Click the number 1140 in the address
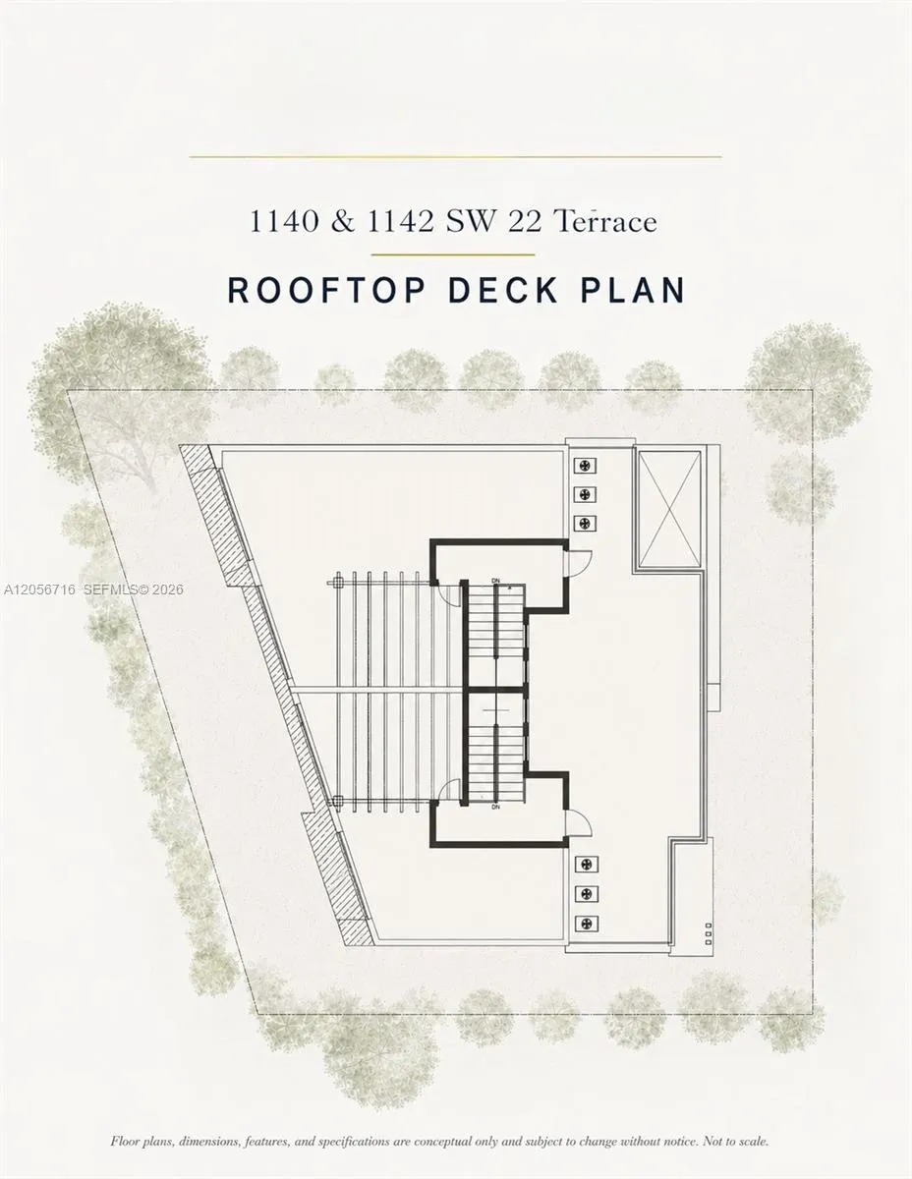(284, 221)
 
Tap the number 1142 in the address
(401, 221)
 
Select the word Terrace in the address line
(605, 221)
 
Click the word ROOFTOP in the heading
(326, 290)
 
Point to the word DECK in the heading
(503, 290)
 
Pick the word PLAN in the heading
(633, 290)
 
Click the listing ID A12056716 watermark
(39, 589)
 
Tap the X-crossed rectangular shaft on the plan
(670, 509)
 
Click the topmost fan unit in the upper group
(586, 465)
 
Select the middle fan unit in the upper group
(586, 494)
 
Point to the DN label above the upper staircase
(495, 581)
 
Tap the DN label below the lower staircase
(495, 808)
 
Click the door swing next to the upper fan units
(578, 563)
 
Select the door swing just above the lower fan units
(578, 823)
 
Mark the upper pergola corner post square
(337, 584)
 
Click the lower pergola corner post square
(337, 800)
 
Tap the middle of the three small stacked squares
(709, 934)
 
